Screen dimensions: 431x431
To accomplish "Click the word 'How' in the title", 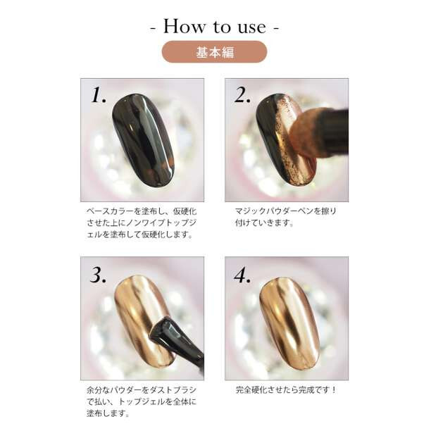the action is click(185, 26).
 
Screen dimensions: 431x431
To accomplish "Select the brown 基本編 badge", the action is click(214, 51).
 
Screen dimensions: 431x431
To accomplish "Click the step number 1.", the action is click(98, 95).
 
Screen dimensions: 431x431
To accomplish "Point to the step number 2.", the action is click(242, 95).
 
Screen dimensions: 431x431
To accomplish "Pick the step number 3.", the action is click(98, 275).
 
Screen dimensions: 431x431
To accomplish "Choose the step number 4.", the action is click(242, 275).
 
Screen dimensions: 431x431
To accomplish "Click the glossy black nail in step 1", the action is click(143, 140).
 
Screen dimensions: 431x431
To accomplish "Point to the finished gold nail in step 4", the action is click(289, 322).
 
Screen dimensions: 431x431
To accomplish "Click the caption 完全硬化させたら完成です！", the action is click(286, 389).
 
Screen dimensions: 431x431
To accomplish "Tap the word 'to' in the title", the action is click(221, 27).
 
